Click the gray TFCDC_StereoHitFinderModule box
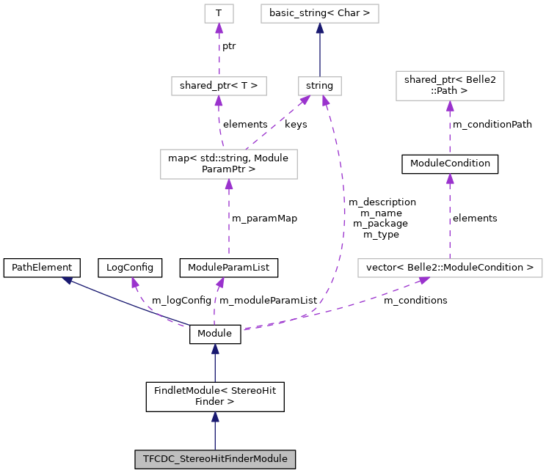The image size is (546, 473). pos(215,460)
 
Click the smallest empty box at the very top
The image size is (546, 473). pos(219,13)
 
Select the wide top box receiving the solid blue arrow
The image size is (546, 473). pos(320,13)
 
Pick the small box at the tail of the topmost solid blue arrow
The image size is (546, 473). pos(320,86)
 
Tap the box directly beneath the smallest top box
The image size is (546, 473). pos(219,86)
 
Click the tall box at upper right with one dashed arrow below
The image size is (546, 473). pos(450,86)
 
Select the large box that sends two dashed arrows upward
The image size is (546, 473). pos(229,164)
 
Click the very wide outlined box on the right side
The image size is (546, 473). pos(450,268)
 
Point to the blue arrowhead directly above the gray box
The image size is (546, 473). pos(215,417)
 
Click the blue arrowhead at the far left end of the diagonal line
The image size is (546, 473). pos(67,280)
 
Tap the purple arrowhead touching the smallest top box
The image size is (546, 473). pos(219,29)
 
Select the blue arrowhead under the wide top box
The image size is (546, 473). pos(320,29)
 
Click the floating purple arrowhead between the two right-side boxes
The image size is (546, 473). pos(450,179)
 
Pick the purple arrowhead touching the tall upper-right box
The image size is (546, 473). pos(450,106)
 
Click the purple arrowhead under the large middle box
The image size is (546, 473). pos(229,185)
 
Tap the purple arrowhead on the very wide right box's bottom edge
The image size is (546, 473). pos(423,280)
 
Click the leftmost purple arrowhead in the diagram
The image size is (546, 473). pos(135,282)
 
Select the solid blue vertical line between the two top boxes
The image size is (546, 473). pos(320,55)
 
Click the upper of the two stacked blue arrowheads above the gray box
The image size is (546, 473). pos(215,349)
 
